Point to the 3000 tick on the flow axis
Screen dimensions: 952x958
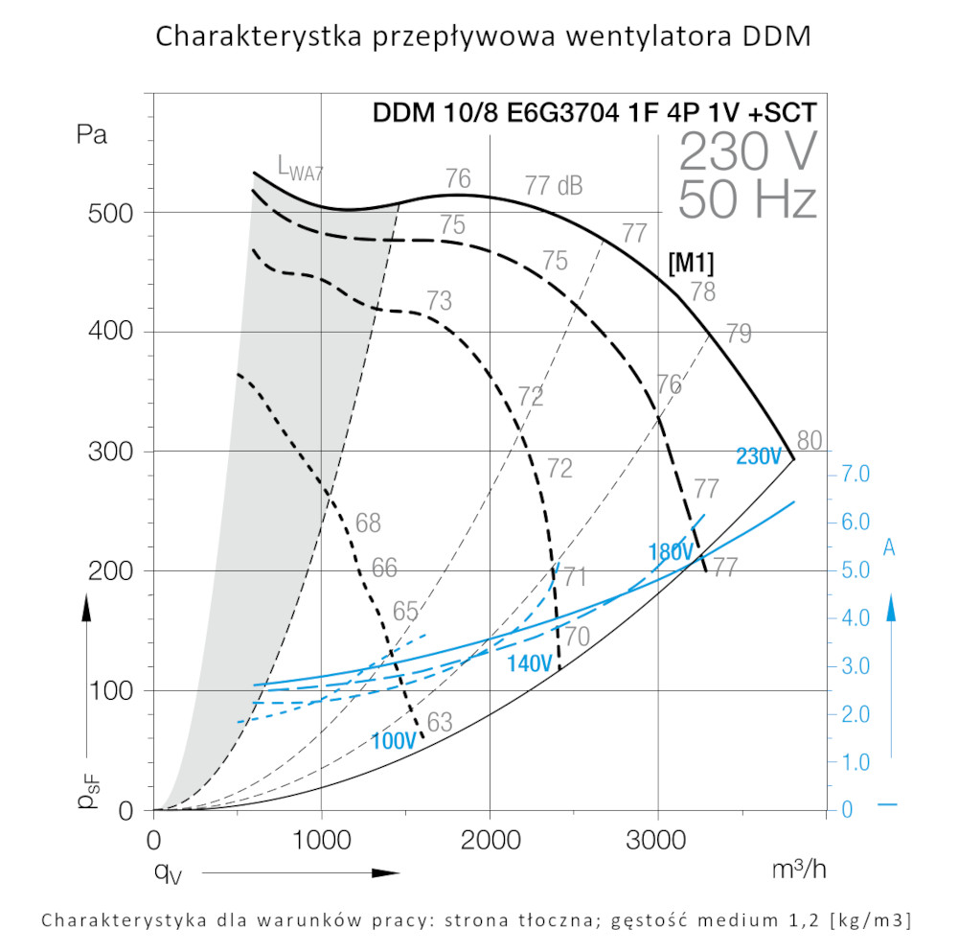click(x=658, y=841)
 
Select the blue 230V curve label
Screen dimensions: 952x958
click(x=759, y=457)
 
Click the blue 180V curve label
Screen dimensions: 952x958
click(x=671, y=552)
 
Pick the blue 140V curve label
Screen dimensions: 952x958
click(x=530, y=662)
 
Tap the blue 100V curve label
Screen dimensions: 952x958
click(x=394, y=741)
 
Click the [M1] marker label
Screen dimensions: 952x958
click(x=690, y=263)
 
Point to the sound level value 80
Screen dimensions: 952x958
click(x=810, y=442)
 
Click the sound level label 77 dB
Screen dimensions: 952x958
click(x=554, y=185)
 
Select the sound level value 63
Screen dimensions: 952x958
click(x=440, y=723)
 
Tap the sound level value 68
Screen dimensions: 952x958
click(x=368, y=523)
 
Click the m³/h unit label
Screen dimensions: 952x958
click(x=798, y=869)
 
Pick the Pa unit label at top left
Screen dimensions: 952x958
click(x=92, y=134)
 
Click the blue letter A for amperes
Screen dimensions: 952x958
click(x=889, y=546)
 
